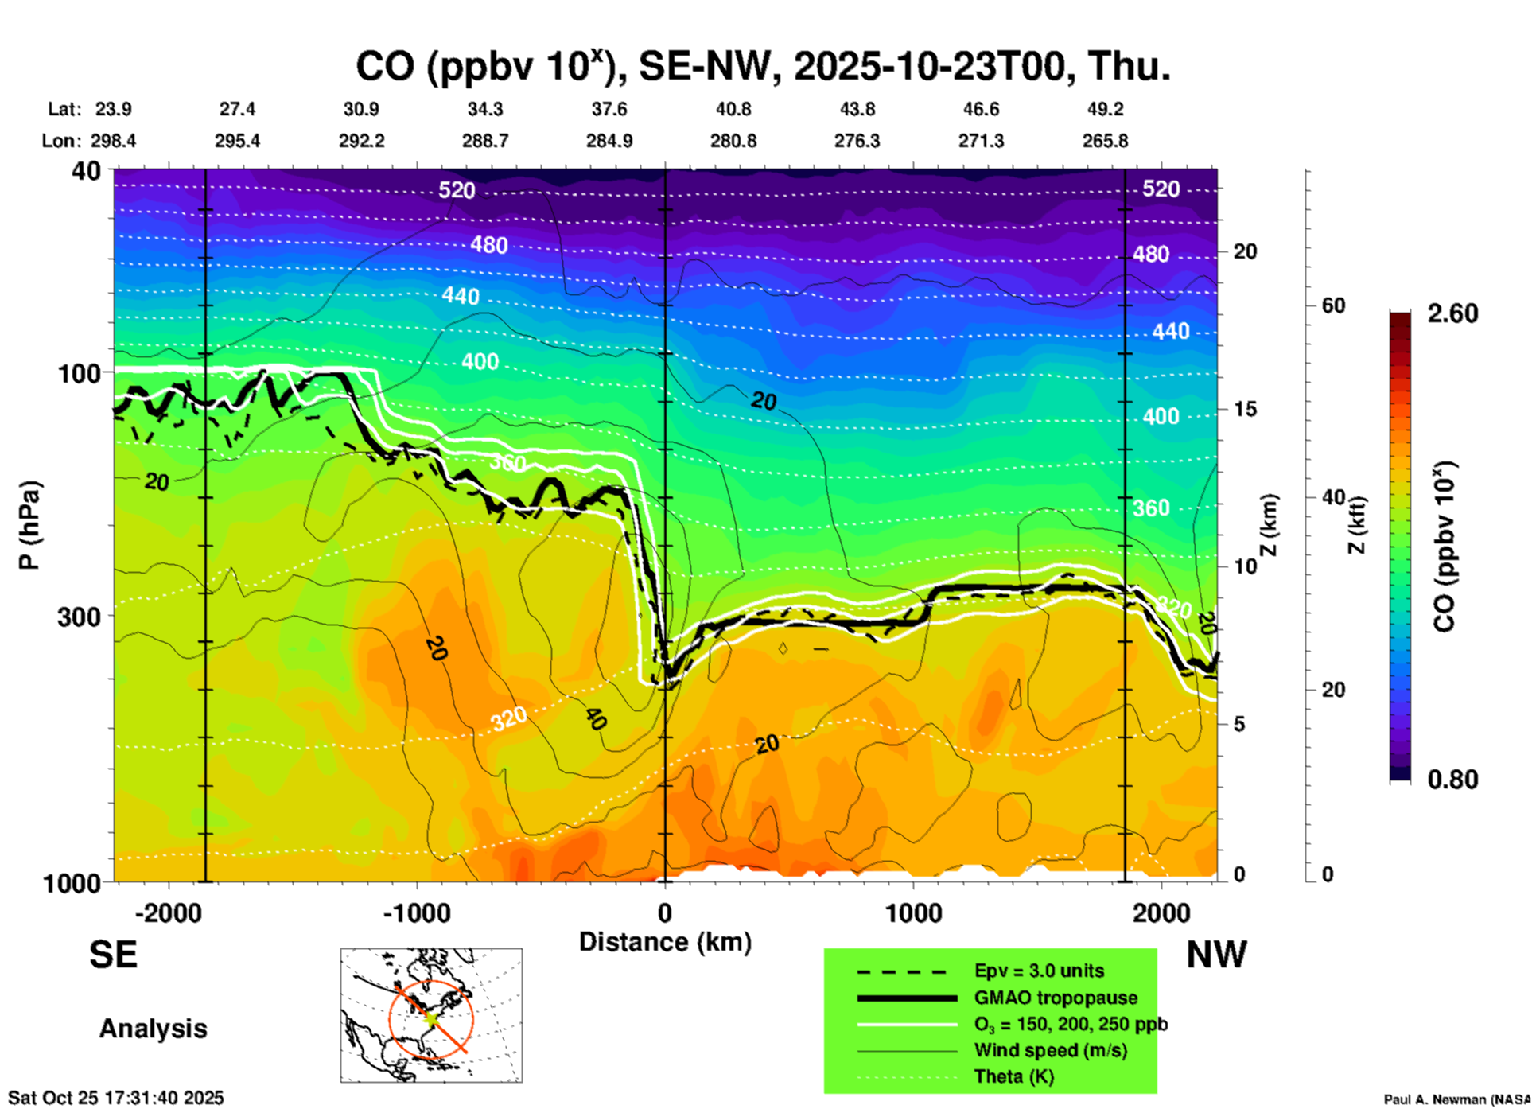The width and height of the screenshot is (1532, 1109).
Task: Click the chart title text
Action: pyautogui.click(x=762, y=66)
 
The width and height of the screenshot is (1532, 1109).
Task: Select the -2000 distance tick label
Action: pyautogui.click(x=168, y=912)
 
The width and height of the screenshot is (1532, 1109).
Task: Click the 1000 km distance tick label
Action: pyautogui.click(x=913, y=912)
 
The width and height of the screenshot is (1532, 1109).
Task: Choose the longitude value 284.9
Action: pyautogui.click(x=609, y=141)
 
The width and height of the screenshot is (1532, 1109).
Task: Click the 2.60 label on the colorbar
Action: pyautogui.click(x=1452, y=313)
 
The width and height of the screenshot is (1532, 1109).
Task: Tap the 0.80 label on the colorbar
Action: pyautogui.click(x=1452, y=779)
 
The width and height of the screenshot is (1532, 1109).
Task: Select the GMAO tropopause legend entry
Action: pyautogui.click(x=1055, y=998)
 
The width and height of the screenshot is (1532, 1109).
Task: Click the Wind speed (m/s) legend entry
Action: pyautogui.click(x=1050, y=1050)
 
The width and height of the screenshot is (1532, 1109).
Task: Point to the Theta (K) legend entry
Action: pyautogui.click(x=1013, y=1076)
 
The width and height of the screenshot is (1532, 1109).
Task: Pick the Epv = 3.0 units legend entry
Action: pyautogui.click(x=1038, y=971)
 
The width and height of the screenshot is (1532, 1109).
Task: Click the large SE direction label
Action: pyautogui.click(x=113, y=955)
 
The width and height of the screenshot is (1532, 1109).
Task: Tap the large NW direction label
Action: pyautogui.click(x=1216, y=955)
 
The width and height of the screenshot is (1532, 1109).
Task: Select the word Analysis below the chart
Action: pyautogui.click(x=153, y=1028)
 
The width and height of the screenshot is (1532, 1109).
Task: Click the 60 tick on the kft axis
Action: pyautogui.click(x=1332, y=305)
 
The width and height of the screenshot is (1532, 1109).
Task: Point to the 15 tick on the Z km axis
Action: pyautogui.click(x=1244, y=409)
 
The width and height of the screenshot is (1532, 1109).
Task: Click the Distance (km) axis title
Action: pyautogui.click(x=665, y=942)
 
